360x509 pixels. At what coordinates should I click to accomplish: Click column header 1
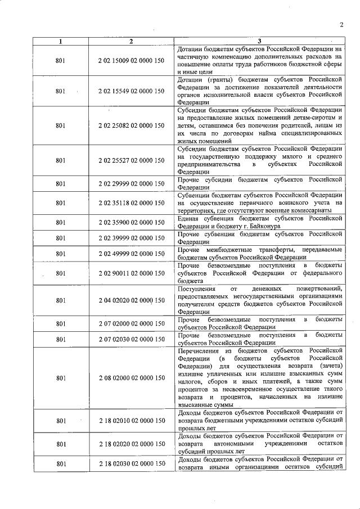click(61, 41)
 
